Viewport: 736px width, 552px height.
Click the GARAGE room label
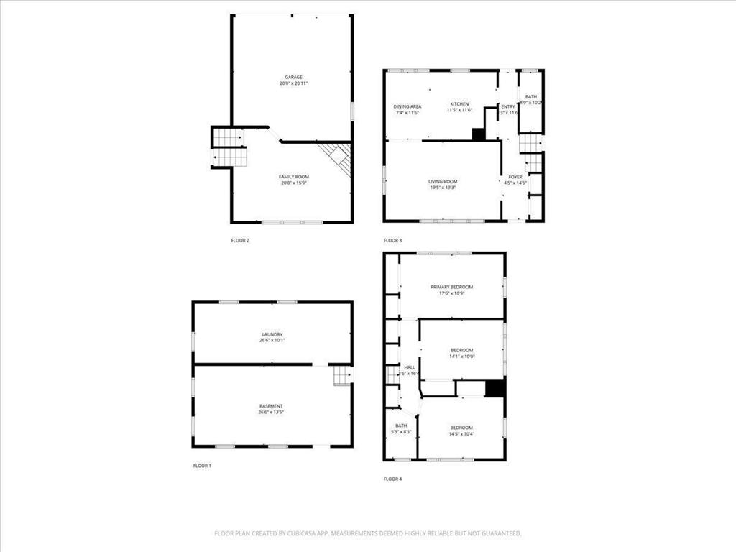[x=293, y=77]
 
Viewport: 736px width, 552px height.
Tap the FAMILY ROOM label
[x=293, y=176]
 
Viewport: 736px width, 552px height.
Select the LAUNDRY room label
[x=272, y=333]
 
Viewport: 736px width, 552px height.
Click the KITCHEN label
[x=460, y=103]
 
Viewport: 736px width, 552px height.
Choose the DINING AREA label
[x=407, y=106]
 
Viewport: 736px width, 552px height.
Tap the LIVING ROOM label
[x=443, y=181]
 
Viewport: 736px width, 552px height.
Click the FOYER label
[x=515, y=176]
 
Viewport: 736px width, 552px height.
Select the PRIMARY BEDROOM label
[x=451, y=287]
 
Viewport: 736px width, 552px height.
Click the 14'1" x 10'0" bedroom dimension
[x=461, y=356]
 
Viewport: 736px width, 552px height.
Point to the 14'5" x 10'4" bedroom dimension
[x=461, y=433]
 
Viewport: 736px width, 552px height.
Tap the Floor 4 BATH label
[x=400, y=425]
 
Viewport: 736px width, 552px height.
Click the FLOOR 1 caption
[x=202, y=466]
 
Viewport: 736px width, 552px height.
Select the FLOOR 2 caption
[x=240, y=240]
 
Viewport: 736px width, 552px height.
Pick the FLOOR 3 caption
[x=392, y=240]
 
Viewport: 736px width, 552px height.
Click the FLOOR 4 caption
[x=392, y=479]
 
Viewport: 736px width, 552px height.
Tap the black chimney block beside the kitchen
[x=478, y=134]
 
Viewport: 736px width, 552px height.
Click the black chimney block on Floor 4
[x=494, y=388]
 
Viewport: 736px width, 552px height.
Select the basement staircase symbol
[x=341, y=375]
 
